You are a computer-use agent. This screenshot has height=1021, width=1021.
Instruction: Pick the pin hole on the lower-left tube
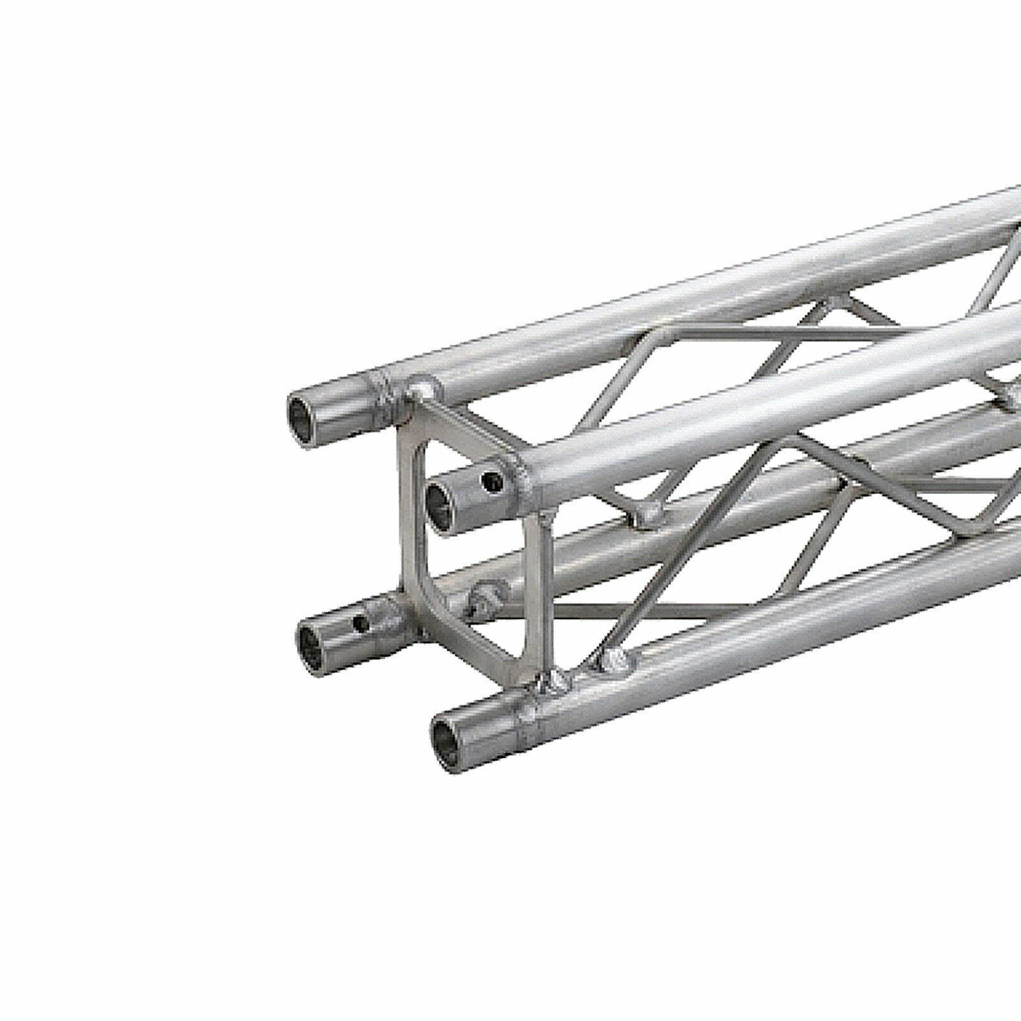362,622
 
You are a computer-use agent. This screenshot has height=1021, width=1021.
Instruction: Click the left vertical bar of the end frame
406,511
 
